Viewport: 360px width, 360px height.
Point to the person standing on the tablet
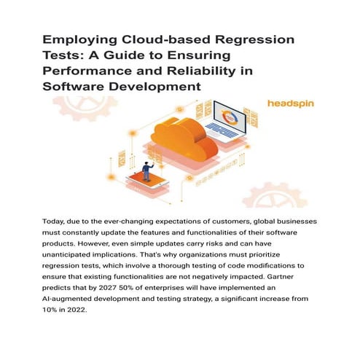tap(147, 172)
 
